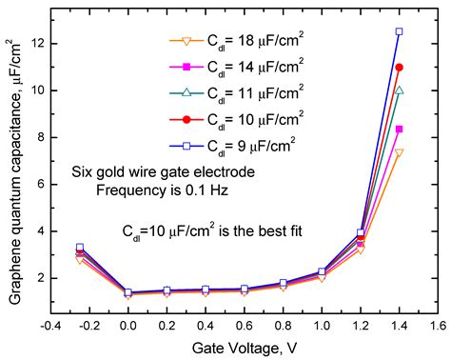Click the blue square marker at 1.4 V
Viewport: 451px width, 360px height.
[x=399, y=31]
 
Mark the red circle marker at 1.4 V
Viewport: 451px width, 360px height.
[x=399, y=67]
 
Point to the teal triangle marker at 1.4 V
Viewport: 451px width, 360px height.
[x=399, y=90]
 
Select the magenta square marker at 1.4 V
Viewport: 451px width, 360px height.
[x=399, y=129]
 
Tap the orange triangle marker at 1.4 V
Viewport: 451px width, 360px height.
[x=399, y=152]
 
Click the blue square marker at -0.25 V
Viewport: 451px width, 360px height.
[x=80, y=247]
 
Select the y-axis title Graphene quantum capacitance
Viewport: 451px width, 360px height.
[x=13, y=171]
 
